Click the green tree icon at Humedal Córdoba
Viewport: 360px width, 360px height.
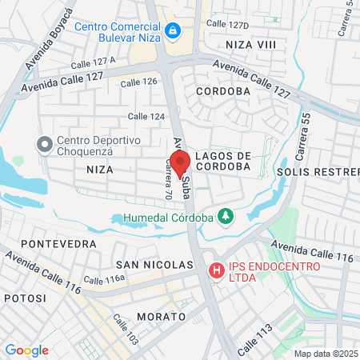pyautogui.click(x=226, y=216)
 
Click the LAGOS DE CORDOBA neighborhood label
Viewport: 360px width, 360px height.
pyautogui.click(x=223, y=161)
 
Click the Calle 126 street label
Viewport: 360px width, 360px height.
pyautogui.click(x=138, y=82)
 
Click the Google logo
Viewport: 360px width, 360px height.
pyautogui.click(x=26, y=350)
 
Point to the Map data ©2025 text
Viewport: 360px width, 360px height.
pyautogui.click(x=326, y=354)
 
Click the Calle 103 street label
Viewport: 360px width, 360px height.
pyautogui.click(x=125, y=329)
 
